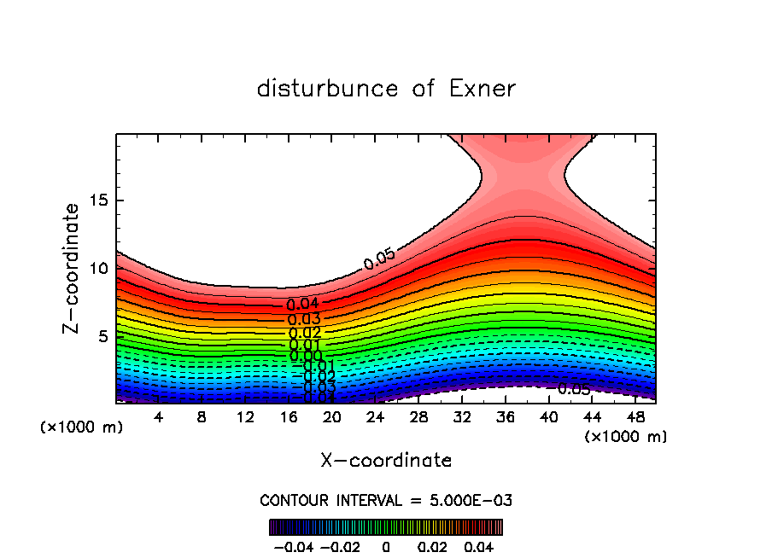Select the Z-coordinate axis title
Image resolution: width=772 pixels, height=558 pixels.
[x=73, y=268]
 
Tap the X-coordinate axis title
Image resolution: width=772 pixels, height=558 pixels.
[x=386, y=461]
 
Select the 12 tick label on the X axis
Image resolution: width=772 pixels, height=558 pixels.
[x=245, y=416]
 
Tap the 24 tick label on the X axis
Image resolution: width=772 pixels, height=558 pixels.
[x=375, y=416]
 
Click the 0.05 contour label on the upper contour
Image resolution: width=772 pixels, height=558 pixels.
[x=378, y=259]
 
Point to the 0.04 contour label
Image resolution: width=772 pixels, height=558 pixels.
[x=302, y=305]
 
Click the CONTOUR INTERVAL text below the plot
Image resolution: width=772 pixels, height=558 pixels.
[x=386, y=500]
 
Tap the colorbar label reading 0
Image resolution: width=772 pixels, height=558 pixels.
[x=386, y=545]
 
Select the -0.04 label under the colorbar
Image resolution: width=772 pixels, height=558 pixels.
[x=293, y=545]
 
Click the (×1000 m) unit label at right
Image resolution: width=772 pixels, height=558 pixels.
[x=626, y=437]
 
